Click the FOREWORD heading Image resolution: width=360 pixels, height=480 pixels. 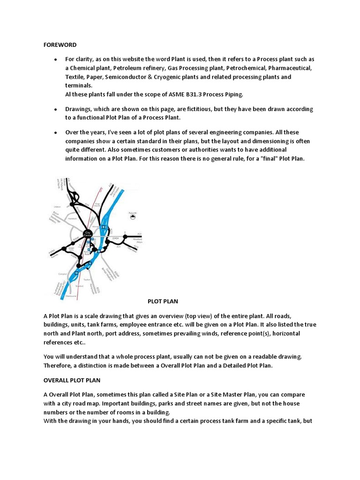tap(60, 45)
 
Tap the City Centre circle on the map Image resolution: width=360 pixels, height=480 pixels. tap(87, 233)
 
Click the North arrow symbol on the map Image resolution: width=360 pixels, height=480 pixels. tap(133, 216)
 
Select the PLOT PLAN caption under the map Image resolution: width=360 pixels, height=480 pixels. tap(163, 301)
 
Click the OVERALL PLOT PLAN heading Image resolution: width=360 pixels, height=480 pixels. tap(72, 380)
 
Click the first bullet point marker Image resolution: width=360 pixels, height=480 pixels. tap(55, 60)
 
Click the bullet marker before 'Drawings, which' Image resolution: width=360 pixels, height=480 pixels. tap(55, 109)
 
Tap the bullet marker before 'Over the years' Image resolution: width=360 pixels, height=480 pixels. tap(55, 133)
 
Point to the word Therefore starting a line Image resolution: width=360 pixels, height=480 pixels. tap(59, 366)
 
